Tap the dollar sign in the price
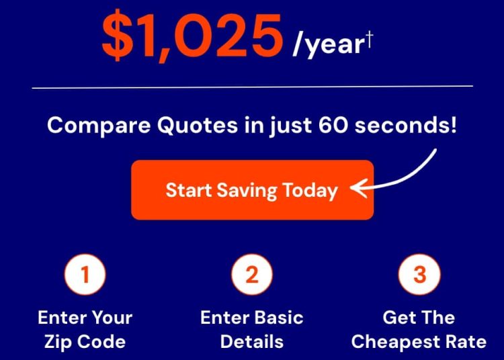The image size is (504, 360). point(118,35)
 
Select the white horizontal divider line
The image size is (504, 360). point(252,87)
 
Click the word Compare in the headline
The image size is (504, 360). point(99,125)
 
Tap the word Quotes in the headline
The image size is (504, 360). point(198,125)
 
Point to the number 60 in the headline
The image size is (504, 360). point(333,125)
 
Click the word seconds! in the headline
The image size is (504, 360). point(406,125)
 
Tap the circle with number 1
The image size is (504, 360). point(85,275)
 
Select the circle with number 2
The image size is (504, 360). point(252,275)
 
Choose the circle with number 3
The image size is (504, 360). point(419,275)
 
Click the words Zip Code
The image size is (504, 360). point(85,341)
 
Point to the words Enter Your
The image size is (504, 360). point(85,317)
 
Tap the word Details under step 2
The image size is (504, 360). point(252,341)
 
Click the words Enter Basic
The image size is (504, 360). point(252,317)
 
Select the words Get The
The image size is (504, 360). point(419,317)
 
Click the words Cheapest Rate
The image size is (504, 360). point(419,341)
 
